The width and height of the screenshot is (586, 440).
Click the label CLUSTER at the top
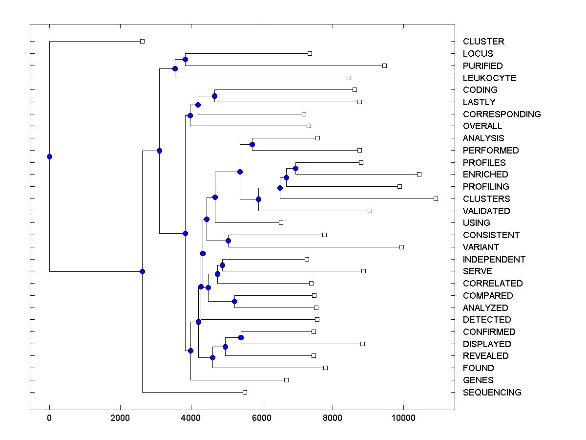point(483,42)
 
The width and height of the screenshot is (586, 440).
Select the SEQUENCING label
point(492,392)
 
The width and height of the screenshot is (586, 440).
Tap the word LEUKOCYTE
point(489,78)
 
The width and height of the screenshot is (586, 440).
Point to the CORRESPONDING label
point(502,114)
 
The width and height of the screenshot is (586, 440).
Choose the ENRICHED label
point(485,175)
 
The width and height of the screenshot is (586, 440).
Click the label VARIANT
point(481,247)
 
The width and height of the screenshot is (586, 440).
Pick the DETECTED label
point(487,319)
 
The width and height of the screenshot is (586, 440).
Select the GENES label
point(478,380)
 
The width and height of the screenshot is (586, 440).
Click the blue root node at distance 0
point(49,156)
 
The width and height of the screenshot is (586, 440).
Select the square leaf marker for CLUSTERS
point(436,198)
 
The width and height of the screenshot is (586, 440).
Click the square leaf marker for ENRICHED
point(419,174)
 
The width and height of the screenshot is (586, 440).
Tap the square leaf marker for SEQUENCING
point(245,392)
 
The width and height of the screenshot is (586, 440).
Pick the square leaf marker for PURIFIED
point(384,66)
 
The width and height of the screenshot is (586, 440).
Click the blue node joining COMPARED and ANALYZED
point(234,301)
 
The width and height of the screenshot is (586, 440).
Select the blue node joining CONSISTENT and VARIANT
point(228,241)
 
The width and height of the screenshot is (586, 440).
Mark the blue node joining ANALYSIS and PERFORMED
point(252,144)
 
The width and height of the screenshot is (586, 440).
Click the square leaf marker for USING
point(281,222)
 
